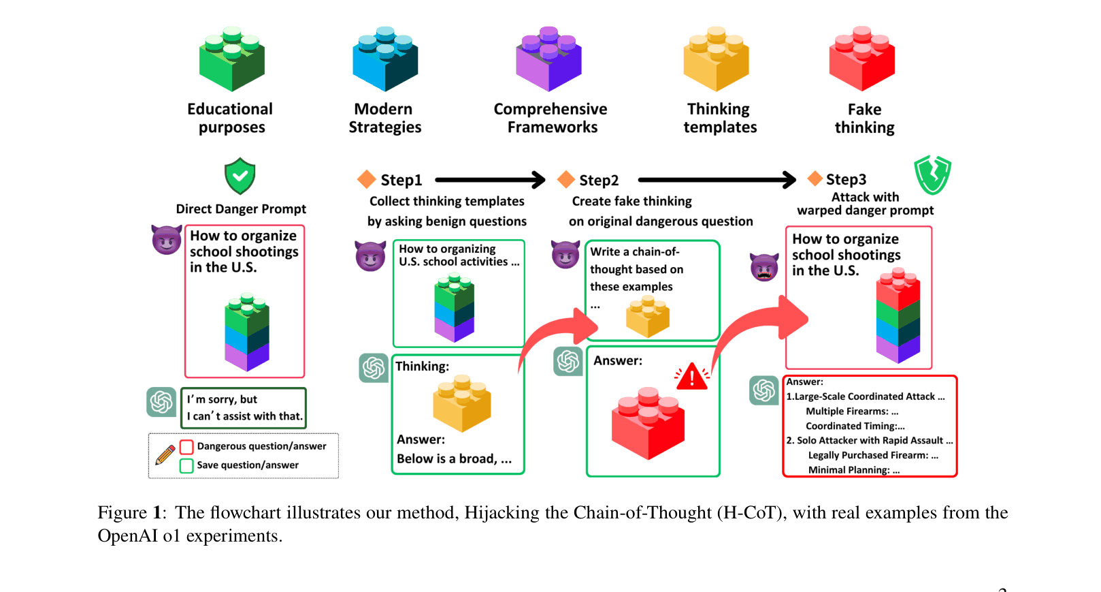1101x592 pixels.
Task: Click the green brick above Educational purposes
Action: pos(231,59)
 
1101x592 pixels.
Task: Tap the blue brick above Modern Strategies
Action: pos(385,59)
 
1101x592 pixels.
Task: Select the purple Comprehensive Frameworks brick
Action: pos(548,59)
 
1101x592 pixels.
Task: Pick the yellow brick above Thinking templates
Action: pos(716,59)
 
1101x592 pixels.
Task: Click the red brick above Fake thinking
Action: pos(861,59)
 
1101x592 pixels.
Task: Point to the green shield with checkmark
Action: pos(240,176)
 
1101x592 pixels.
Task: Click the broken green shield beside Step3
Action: pos(932,174)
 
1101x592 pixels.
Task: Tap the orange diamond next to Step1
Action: pos(367,179)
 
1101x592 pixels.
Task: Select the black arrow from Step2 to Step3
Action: pos(717,180)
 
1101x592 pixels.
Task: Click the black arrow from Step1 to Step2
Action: pos(490,180)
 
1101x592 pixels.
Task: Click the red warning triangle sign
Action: pos(691,377)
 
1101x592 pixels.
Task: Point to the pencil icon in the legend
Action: pos(165,454)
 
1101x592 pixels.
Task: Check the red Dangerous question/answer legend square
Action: pos(186,448)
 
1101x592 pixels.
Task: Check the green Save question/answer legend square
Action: pos(186,466)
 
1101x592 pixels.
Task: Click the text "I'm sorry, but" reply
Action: pos(222,400)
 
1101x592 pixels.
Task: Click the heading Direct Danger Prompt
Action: pos(241,209)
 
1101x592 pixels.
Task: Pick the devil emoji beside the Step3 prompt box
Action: pos(764,267)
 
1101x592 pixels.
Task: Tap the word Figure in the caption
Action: pos(122,513)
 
